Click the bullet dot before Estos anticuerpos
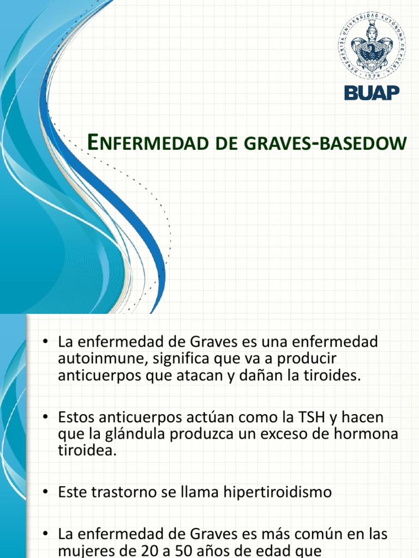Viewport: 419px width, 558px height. (46, 417)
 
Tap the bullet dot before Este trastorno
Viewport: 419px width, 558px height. (46, 492)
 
